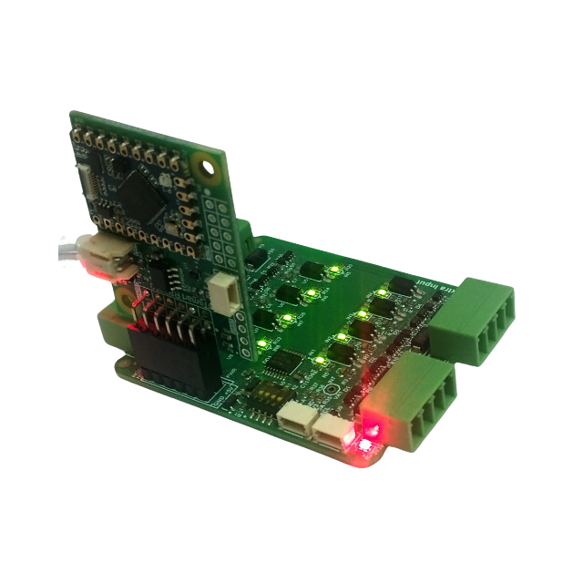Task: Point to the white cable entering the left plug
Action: tap(66, 251)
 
